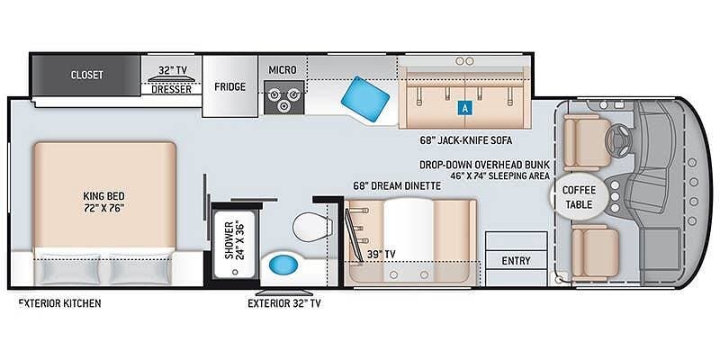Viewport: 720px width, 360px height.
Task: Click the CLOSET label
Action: [x=86, y=75]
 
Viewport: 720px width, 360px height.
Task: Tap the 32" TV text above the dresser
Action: [x=173, y=70]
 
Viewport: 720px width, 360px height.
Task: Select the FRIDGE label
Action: [x=229, y=86]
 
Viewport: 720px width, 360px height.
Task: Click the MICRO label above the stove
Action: [x=283, y=70]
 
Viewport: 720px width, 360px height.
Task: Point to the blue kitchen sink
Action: [x=365, y=99]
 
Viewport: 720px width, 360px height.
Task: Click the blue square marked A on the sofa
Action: [x=465, y=108]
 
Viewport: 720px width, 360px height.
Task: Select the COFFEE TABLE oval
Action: [x=579, y=197]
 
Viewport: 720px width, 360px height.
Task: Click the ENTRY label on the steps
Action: [x=516, y=261]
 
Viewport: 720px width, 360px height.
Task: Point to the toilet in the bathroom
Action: [x=311, y=227]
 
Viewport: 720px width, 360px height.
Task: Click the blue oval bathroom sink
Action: [x=283, y=265]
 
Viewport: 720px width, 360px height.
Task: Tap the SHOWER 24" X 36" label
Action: [x=234, y=240]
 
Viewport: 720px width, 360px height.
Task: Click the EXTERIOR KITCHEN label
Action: [x=59, y=303]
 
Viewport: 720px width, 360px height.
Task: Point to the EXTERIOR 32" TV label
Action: [x=283, y=303]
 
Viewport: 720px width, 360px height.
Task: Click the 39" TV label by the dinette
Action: [x=381, y=254]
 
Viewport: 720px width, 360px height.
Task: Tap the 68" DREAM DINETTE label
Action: [x=397, y=186]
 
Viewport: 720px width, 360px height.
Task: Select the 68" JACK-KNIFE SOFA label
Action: [x=465, y=140]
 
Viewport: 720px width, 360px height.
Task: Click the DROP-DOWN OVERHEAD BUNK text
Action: [x=484, y=166]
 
